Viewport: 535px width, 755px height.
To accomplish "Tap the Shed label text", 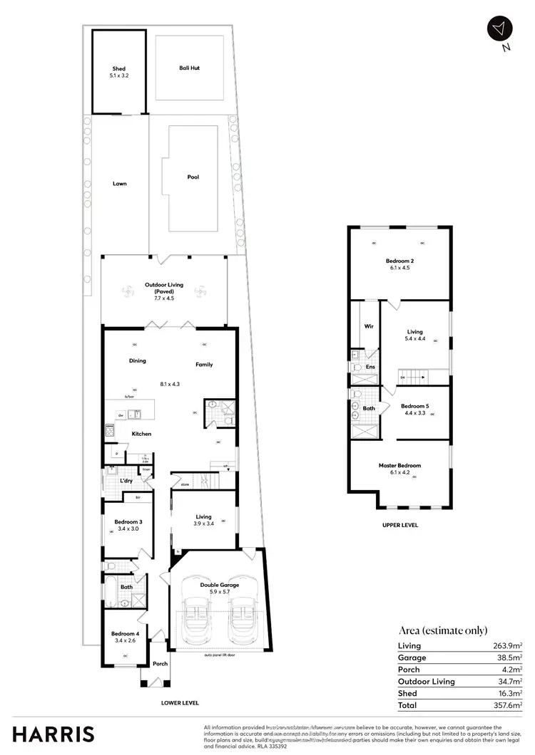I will pyautogui.click(x=119, y=69).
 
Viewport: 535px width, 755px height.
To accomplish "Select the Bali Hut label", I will pyautogui.click(x=189, y=68).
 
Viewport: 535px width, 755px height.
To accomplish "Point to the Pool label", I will pyautogui.click(x=193, y=177).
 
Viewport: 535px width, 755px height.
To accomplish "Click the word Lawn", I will pyautogui.click(x=119, y=183).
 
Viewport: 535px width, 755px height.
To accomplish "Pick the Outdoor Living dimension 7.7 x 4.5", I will pyautogui.click(x=164, y=298).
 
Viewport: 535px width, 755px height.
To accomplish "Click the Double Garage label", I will pyautogui.click(x=219, y=584).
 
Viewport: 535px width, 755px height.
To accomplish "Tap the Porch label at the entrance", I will pyautogui.click(x=160, y=664).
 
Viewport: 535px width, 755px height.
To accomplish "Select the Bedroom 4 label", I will pyautogui.click(x=125, y=633).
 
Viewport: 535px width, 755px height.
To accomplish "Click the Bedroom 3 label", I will pyautogui.click(x=125, y=522).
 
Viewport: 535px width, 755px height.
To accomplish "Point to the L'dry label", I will pyautogui.click(x=126, y=481).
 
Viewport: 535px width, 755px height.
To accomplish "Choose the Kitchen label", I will pyautogui.click(x=141, y=433).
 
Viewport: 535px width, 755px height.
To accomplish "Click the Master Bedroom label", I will pyautogui.click(x=399, y=465).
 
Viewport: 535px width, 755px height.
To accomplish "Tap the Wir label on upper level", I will pyautogui.click(x=369, y=326).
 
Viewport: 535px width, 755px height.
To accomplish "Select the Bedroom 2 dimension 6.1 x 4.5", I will pyautogui.click(x=399, y=269).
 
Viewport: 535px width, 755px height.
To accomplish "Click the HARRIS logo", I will pyautogui.click(x=51, y=734).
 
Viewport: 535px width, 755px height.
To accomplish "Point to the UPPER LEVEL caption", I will pyautogui.click(x=399, y=525).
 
